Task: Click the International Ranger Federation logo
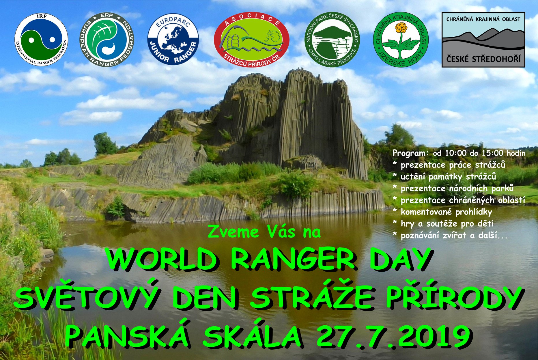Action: pos(41,40)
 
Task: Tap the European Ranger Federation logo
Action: pos(107,40)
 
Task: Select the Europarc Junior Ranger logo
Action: pos(173,39)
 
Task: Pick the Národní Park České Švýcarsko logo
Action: pos(332,39)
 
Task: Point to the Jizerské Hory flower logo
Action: pos(401,40)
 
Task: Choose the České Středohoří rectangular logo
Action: pos(483,40)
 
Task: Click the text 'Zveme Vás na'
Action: pos(264,232)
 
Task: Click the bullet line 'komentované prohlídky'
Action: pos(442,212)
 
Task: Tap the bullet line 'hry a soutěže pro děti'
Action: pos(443,223)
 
